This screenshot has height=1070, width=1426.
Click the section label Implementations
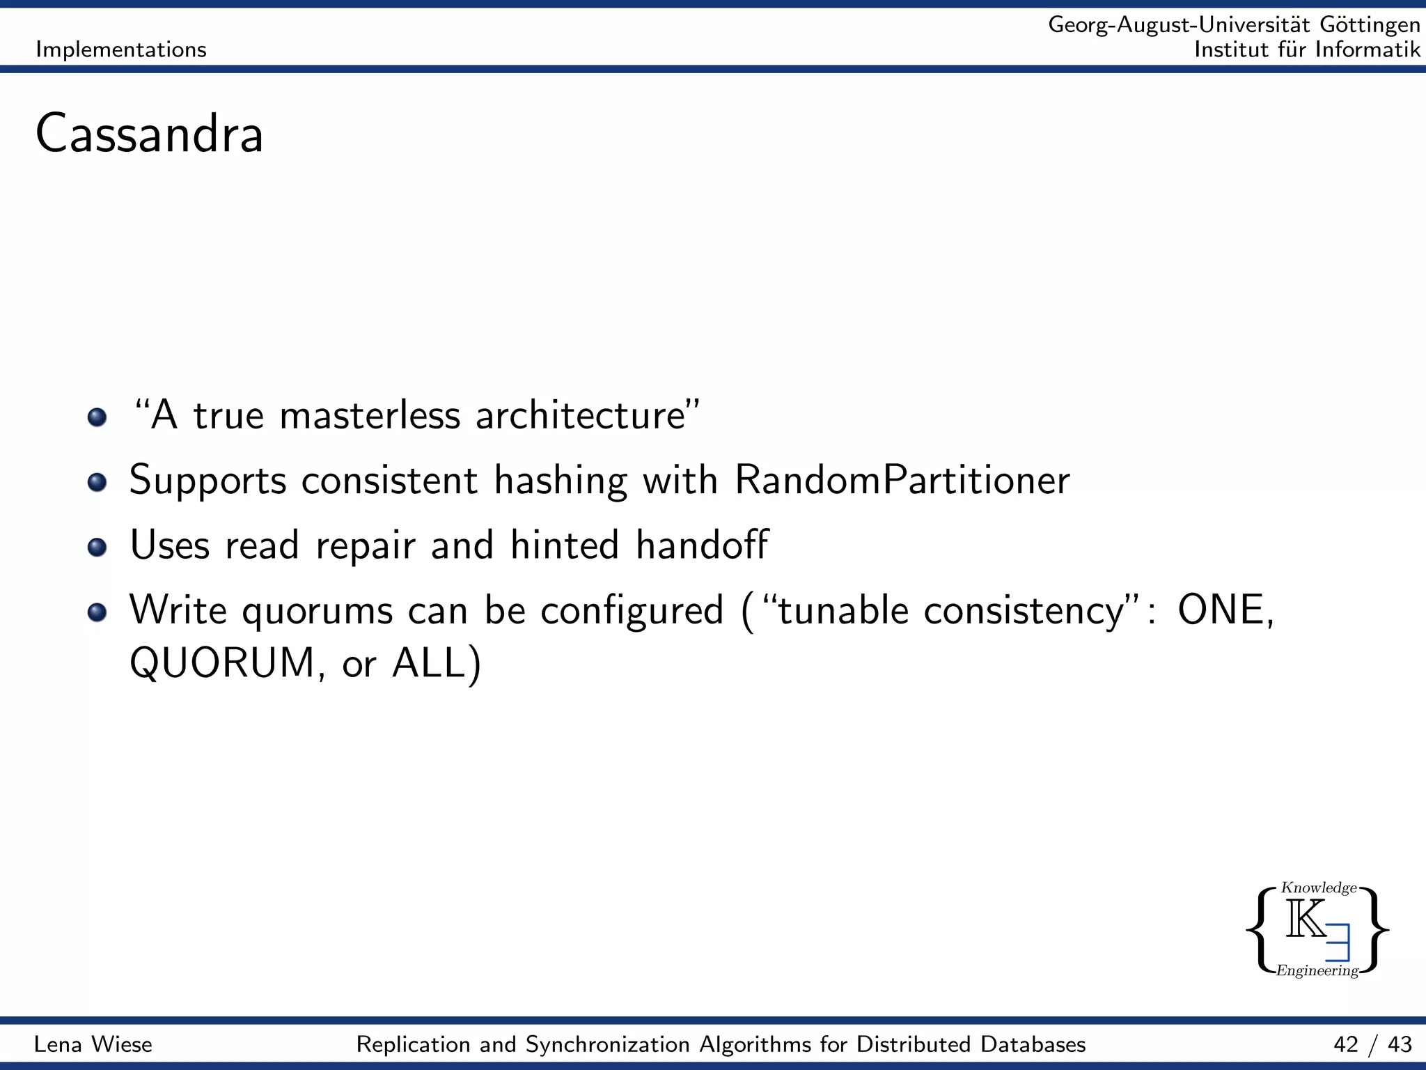[x=121, y=49]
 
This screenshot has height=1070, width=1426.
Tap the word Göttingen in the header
[x=1370, y=25]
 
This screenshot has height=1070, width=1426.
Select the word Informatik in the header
[x=1368, y=49]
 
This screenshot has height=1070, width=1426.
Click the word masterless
[x=369, y=416]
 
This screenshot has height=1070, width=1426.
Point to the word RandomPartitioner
[x=902, y=481]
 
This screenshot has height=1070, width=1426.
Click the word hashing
[x=560, y=481]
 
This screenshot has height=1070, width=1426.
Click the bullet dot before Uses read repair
[x=97, y=547]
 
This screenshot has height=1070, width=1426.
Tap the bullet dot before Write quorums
[x=97, y=612]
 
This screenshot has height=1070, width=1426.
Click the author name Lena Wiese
[x=93, y=1044]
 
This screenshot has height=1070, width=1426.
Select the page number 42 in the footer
[x=1346, y=1044]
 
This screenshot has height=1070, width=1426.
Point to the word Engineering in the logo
[x=1317, y=970]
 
